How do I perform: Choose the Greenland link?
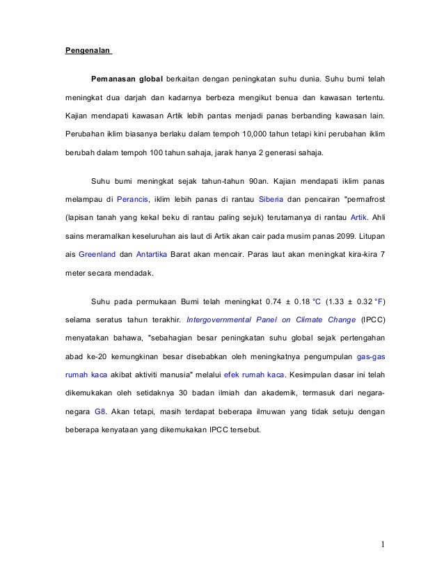pyautogui.click(x=97, y=254)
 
